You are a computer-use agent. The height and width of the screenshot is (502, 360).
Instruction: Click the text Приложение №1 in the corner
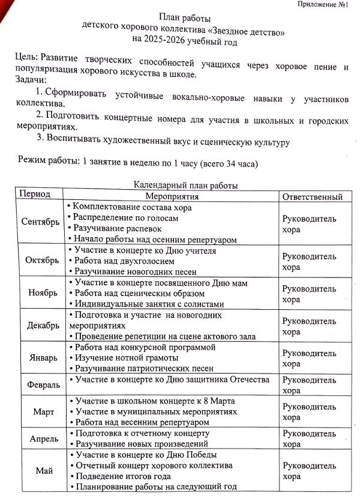[x=323, y=5]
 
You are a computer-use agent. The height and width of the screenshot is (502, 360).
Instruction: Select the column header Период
[x=35, y=196]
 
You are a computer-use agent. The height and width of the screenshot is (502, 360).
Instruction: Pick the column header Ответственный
[x=313, y=196]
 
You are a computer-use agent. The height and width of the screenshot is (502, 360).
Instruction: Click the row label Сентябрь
[x=40, y=222]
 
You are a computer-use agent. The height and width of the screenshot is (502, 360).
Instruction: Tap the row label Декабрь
[x=43, y=325]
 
